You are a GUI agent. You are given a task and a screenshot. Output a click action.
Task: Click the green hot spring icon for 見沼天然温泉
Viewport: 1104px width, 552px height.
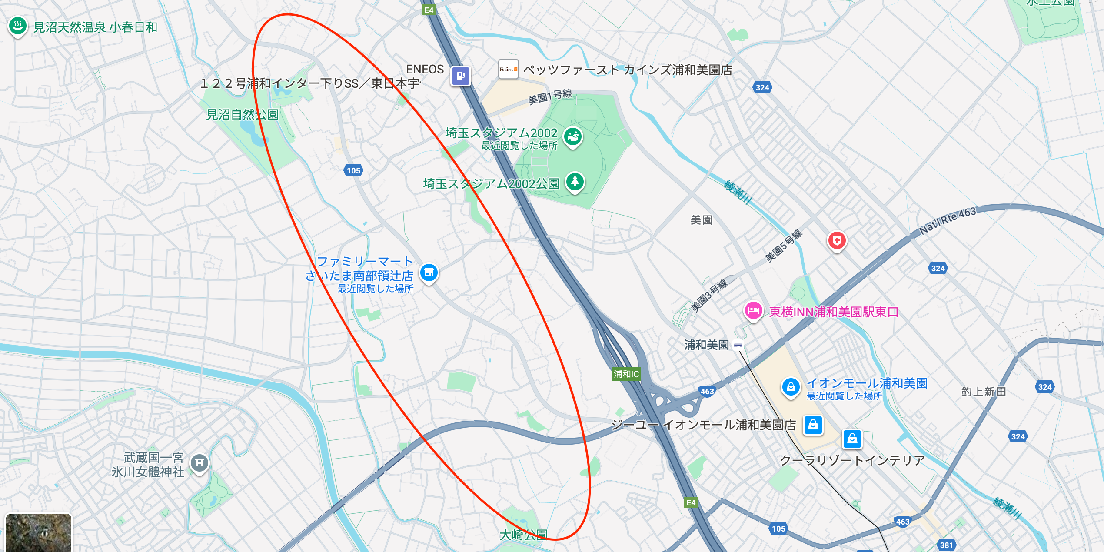18,26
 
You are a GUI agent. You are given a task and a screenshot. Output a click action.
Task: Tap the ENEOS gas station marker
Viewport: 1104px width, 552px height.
461,76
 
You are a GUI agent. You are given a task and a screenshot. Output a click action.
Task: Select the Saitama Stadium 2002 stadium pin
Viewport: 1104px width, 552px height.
573,136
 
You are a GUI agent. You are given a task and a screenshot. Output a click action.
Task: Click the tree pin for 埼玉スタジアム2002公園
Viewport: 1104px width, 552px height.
575,181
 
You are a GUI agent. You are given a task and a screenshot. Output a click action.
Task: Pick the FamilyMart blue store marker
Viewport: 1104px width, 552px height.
429,273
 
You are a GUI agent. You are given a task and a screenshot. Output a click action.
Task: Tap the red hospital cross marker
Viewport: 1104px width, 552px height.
837,240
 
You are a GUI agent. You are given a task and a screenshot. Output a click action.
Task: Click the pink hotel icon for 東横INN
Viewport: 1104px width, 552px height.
754,310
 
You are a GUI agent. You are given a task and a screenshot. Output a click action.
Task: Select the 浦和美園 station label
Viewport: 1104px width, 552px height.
707,345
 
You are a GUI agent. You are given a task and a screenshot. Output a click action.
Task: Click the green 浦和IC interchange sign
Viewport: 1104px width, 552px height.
626,374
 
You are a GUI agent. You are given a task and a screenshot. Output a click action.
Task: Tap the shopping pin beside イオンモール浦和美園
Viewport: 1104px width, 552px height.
791,386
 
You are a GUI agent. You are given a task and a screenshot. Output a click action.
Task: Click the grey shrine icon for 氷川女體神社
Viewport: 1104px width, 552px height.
200,462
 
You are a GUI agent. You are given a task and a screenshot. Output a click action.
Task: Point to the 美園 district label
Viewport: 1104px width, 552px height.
701,220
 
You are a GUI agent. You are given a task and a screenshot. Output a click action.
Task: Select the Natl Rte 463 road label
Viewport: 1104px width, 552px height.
948,220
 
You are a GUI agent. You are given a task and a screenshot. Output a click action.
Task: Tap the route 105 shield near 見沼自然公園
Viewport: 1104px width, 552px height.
353,170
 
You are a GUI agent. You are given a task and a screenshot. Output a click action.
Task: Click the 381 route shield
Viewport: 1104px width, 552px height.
946,545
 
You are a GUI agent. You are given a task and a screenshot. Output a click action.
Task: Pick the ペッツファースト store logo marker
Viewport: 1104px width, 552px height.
508,70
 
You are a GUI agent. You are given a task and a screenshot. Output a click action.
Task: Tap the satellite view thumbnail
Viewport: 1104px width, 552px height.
38,533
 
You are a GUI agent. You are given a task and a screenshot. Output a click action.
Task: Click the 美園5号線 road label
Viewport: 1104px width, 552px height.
783,246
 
